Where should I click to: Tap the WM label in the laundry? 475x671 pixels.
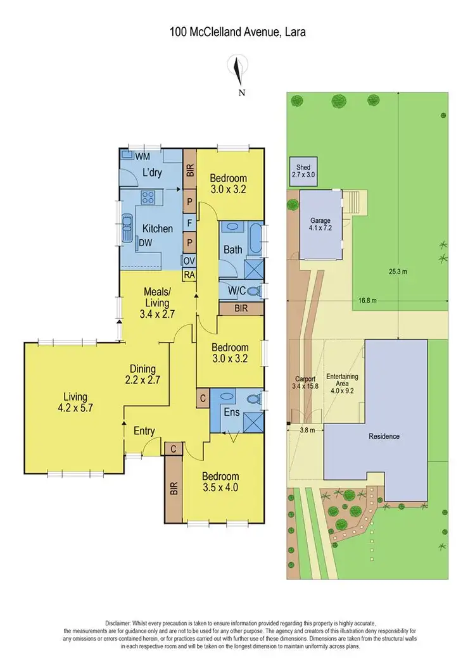pyautogui.click(x=142, y=155)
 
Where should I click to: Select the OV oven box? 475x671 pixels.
pyautogui.click(x=189, y=261)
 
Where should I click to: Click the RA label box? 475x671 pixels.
pyautogui.click(x=189, y=275)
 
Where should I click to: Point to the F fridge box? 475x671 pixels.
pyautogui.click(x=189, y=223)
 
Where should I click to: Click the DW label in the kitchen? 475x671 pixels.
pyautogui.click(x=145, y=241)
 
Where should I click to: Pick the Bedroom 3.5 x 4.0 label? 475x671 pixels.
pyautogui.click(x=220, y=482)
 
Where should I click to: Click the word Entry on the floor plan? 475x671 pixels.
pyautogui.click(x=144, y=431)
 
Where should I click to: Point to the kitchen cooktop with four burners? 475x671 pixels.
pyautogui.click(x=148, y=198)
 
